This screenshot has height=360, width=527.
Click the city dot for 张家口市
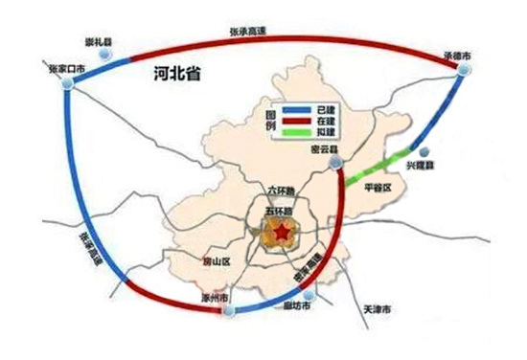pos(66,84)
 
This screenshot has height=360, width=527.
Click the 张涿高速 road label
pos(89,251)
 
